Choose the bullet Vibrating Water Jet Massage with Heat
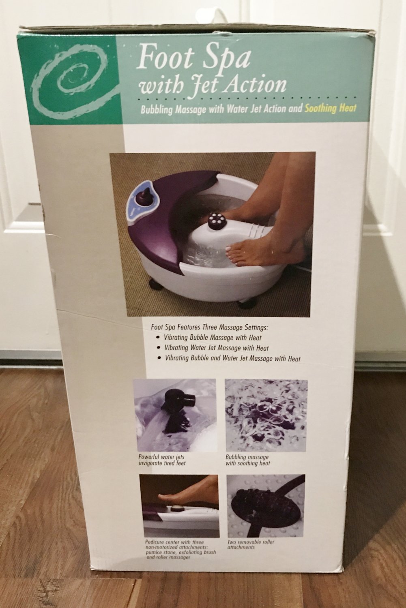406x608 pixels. (x=216, y=348)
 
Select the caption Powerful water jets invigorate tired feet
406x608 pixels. (x=162, y=460)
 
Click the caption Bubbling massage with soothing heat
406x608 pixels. (x=248, y=460)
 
